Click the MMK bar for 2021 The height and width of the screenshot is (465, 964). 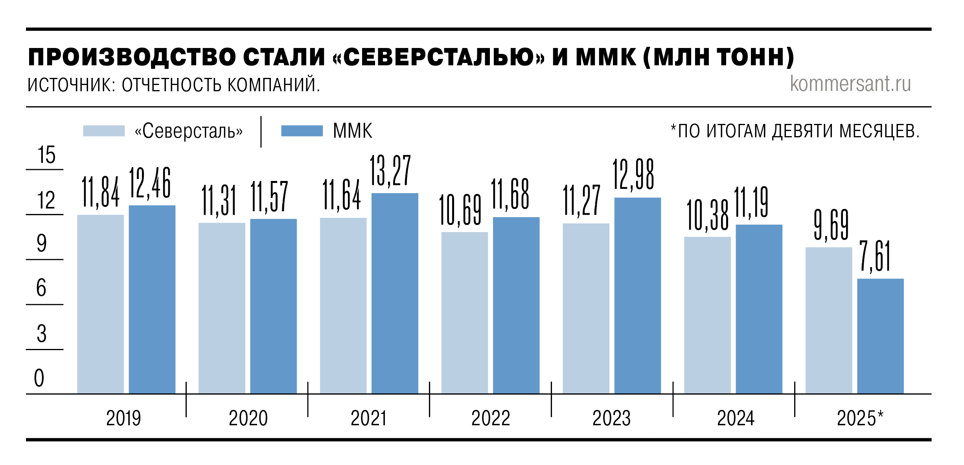point(395,293)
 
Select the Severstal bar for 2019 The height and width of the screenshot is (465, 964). point(100,304)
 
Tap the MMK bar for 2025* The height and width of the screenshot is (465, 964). point(880,336)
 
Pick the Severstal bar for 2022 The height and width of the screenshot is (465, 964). point(464,312)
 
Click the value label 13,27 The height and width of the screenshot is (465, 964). point(390,171)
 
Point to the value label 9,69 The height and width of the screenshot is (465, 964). point(831,225)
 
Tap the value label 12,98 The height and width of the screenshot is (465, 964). point(633,175)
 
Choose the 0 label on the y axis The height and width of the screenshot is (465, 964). point(39,378)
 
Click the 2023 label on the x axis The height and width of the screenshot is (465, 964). point(611,418)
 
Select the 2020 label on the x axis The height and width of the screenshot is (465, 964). point(248,418)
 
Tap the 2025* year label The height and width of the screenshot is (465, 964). point(860,418)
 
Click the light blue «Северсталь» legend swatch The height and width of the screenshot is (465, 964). point(104,131)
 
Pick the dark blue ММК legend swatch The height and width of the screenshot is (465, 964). point(302,131)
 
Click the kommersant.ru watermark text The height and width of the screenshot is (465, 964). point(850,83)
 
